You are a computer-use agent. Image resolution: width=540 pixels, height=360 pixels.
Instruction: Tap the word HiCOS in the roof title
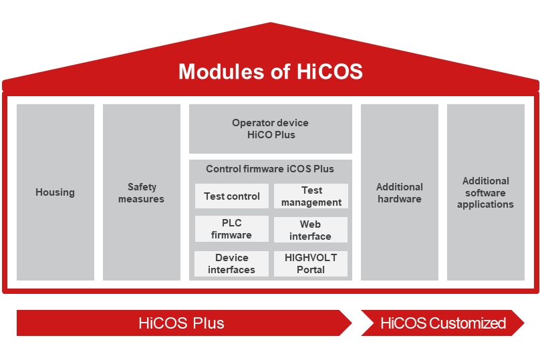pos(329,71)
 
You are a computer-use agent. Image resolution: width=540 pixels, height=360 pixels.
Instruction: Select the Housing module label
pos(55,192)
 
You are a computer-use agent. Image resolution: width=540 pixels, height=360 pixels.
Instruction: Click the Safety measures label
pos(141,193)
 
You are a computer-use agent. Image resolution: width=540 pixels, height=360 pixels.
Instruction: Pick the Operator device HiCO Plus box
pos(271,129)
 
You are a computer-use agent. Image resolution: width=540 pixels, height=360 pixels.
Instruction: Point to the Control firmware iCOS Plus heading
pos(270,169)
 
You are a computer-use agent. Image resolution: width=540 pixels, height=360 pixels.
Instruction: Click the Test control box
pos(232,196)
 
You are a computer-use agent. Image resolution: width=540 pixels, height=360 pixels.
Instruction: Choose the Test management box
pos(311,196)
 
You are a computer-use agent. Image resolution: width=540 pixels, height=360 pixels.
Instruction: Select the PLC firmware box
pos(232,229)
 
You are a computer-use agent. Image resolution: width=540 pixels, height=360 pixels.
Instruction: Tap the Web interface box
pos(311,230)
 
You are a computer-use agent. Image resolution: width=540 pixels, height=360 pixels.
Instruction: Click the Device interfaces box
pos(231,264)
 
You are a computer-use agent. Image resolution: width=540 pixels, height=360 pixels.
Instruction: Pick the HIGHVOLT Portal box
pos(311,264)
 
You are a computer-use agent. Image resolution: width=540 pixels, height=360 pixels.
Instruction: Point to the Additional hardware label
pos(400,193)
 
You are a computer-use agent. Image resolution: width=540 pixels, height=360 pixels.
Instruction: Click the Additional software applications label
pos(486,192)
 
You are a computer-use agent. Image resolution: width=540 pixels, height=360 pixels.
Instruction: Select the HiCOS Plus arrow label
pos(182,323)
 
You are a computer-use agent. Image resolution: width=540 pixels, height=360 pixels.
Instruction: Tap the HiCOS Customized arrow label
pos(443,323)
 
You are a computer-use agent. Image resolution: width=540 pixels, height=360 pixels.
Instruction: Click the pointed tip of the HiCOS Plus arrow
pos(352,323)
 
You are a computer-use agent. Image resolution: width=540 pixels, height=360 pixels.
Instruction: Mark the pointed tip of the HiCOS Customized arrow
pos(524,323)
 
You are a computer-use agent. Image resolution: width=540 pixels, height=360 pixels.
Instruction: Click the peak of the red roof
pos(271,23)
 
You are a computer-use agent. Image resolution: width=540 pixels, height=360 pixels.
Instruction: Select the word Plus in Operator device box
pos(285,135)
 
